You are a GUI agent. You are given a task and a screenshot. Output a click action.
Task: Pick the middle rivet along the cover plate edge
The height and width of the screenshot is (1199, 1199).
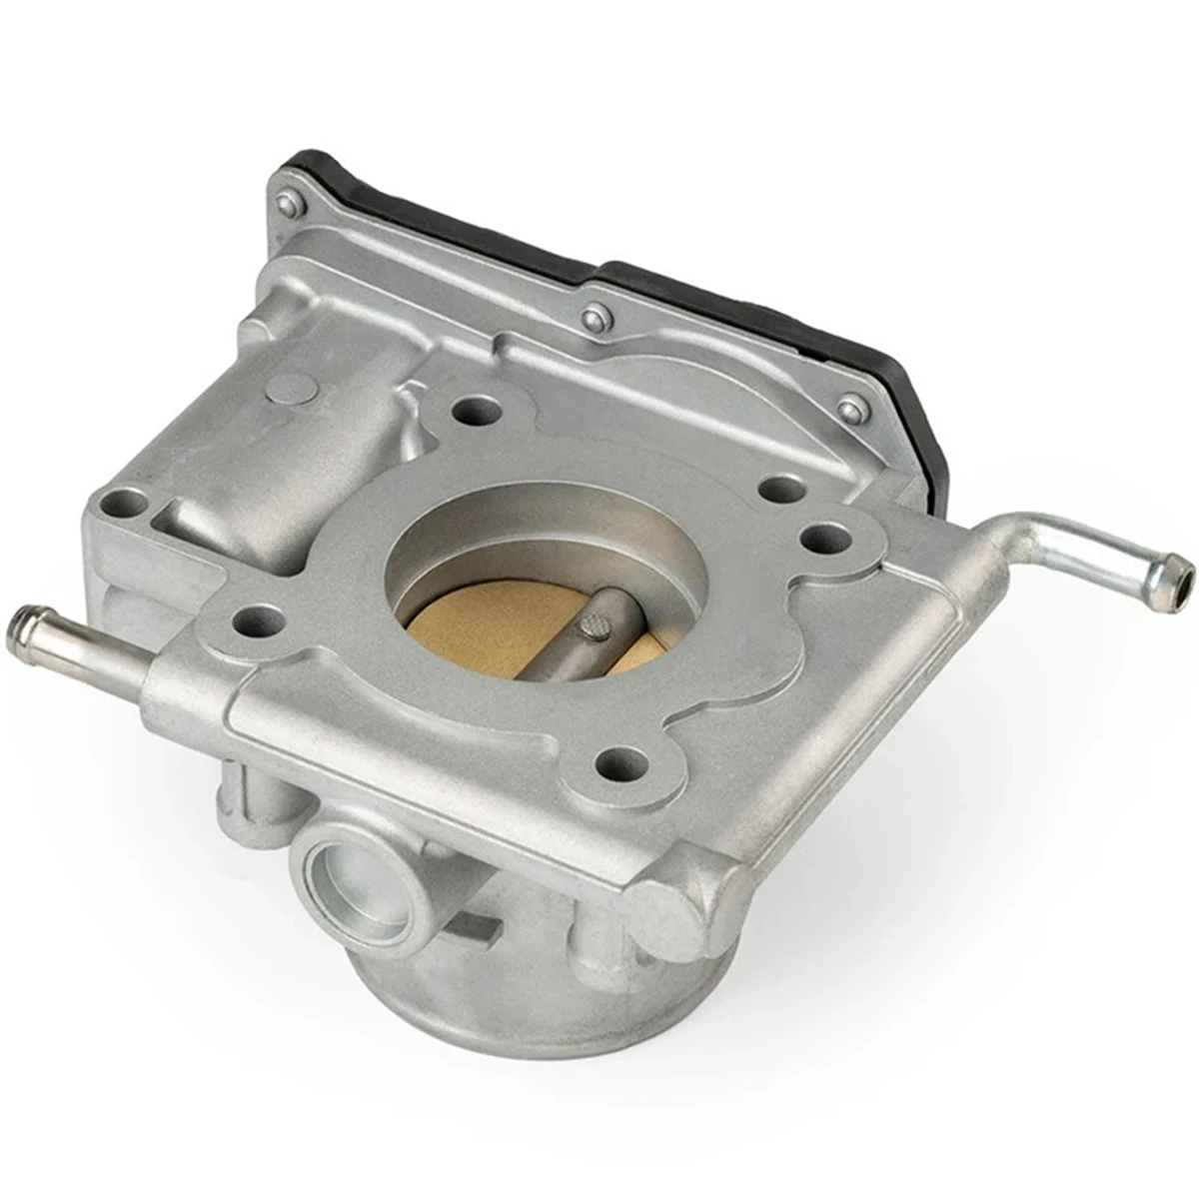[597, 318]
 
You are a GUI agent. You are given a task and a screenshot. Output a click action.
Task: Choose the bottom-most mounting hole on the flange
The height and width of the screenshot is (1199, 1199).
[618, 763]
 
